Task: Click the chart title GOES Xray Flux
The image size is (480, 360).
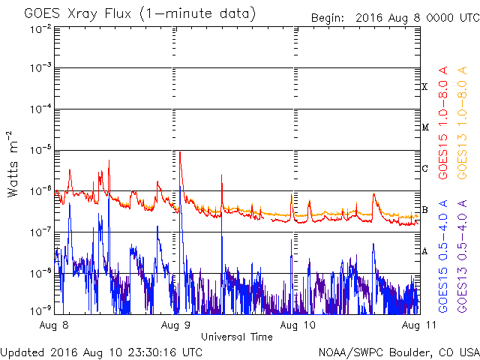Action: [78, 13]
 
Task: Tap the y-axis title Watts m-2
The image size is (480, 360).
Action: [13, 164]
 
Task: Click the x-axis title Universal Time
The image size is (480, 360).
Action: [237, 337]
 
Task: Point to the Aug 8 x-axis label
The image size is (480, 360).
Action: [54, 325]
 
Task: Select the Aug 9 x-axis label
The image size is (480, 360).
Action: [175, 325]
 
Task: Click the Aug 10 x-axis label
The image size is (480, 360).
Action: [298, 325]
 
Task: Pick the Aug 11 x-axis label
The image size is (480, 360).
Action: [418, 325]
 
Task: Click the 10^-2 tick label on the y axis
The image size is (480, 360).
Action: [40, 29]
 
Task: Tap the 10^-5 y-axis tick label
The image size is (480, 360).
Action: [40, 150]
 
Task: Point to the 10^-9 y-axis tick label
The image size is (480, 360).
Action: [40, 311]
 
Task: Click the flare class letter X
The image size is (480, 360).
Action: [424, 87]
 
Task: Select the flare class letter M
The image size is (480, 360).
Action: [425, 127]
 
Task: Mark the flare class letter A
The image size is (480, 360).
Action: [424, 251]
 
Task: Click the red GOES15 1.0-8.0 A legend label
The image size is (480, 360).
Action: [443, 123]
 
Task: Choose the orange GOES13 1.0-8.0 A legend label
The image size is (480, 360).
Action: [462, 123]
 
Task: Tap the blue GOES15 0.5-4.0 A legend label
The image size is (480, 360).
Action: [443, 256]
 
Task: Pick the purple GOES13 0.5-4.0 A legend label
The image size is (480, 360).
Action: [462, 256]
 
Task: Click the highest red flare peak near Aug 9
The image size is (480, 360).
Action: [180, 152]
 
